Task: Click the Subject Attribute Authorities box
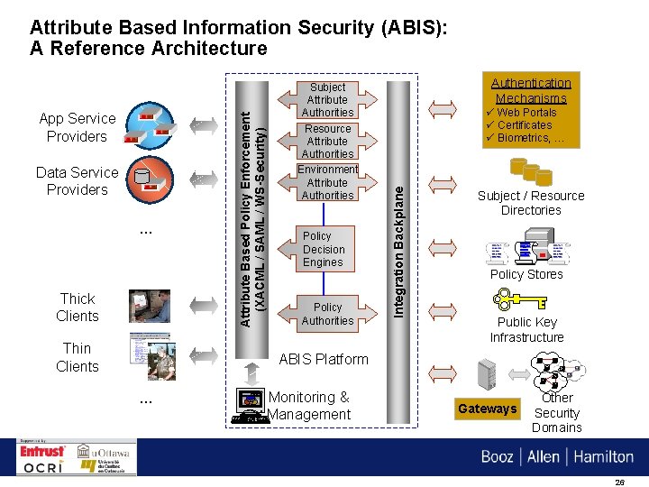[327, 100]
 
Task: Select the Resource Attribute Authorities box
[327, 142]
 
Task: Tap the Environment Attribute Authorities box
[327, 183]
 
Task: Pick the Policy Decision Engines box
[324, 250]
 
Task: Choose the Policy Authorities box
[327, 314]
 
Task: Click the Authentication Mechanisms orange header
[531, 89]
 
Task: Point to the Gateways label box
[487, 409]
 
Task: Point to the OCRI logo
[43, 467]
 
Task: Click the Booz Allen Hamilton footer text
[557, 456]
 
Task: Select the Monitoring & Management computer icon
[248, 405]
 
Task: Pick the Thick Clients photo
[150, 307]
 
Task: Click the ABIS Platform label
[324, 359]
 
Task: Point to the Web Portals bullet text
[526, 113]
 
